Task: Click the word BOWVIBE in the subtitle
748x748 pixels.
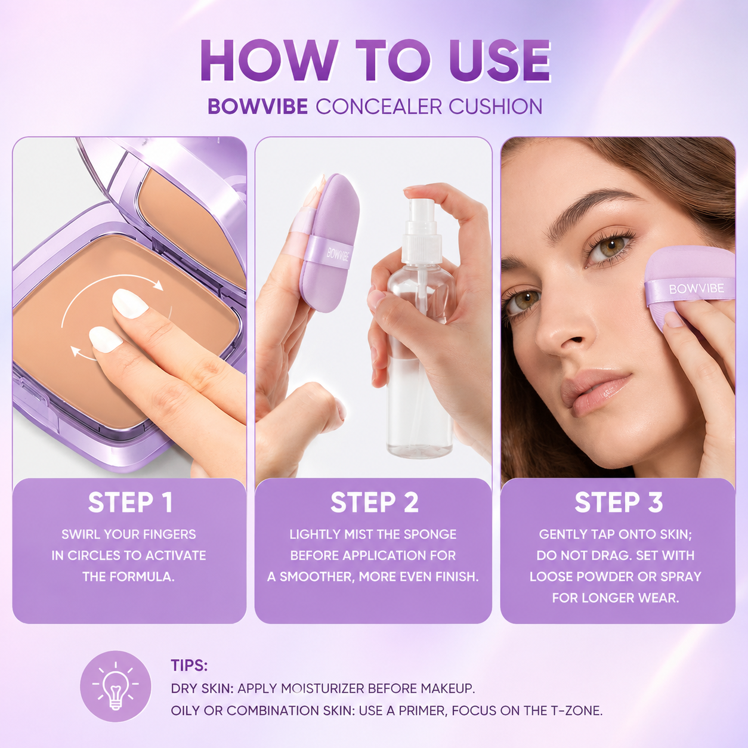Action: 258,106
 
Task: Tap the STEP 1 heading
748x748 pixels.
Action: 130,502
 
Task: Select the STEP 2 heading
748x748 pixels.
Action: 374,502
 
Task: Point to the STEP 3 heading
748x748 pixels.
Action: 619,502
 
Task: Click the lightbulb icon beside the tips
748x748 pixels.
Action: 115,687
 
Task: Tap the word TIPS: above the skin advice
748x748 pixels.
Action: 189,665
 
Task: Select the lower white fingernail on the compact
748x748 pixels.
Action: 106,339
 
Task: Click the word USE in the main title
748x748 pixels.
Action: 500,61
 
